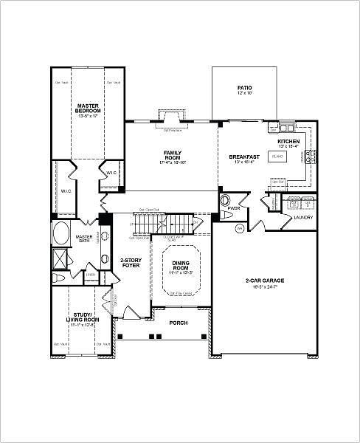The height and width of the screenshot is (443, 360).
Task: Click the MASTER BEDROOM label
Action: click(88, 110)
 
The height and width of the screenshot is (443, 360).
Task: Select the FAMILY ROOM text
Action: click(172, 155)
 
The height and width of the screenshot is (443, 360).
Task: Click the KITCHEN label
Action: click(288, 141)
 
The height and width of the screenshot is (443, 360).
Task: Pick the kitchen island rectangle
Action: click(278, 157)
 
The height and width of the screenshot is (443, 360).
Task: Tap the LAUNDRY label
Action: click(302, 218)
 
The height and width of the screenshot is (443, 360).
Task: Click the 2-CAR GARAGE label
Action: click(264, 282)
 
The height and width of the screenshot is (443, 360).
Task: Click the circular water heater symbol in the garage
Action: click(240, 229)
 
